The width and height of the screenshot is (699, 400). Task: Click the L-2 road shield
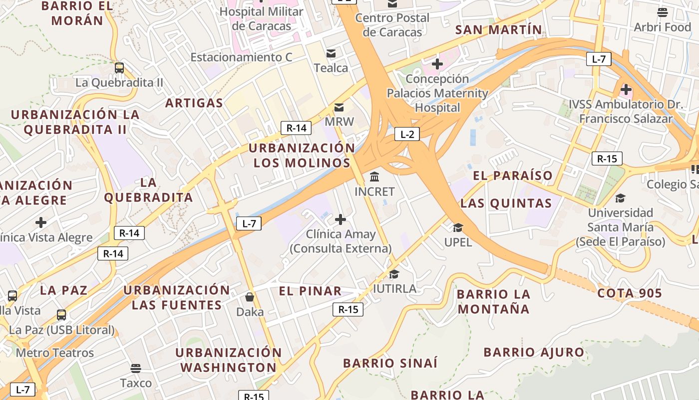coord(407,134)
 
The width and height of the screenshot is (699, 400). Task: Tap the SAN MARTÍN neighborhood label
coord(499,30)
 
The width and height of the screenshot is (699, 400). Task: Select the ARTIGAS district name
coord(194,103)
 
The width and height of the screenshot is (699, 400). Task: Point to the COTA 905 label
coord(629,293)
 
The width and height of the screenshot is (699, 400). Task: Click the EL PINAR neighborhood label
coord(310,291)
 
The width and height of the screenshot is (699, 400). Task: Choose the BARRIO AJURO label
coord(534,352)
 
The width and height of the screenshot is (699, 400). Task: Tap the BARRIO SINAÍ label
coord(390,363)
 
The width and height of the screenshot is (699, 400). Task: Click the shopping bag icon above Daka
coord(250,297)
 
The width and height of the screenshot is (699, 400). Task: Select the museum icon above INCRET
coord(374,176)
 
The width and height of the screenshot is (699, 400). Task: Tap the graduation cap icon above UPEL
coord(458,228)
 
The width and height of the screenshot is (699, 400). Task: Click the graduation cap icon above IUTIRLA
coord(394,274)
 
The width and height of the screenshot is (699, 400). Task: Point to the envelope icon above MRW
coord(339,107)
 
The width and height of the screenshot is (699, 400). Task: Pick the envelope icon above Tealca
coord(331,53)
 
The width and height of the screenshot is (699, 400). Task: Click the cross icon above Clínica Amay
coord(341,219)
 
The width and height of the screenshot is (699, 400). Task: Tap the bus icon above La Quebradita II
coord(119,68)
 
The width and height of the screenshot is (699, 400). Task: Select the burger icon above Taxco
coord(136,368)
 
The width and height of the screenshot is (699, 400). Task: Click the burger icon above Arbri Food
coord(663,12)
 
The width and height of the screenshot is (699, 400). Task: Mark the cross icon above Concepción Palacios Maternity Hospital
coord(437,64)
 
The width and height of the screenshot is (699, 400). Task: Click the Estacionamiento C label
coord(241,57)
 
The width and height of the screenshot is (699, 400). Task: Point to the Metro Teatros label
coord(55,353)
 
